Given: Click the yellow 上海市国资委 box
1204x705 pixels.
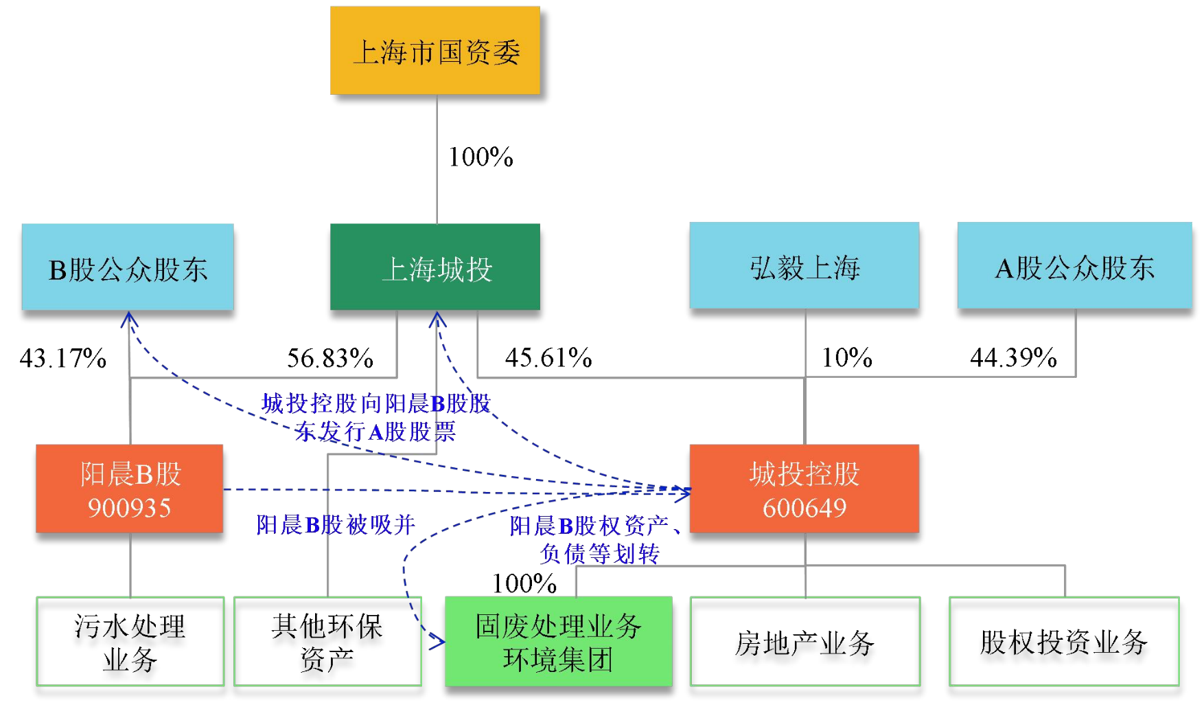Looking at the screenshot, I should (x=435, y=51).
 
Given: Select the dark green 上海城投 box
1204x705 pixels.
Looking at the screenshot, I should (x=435, y=267).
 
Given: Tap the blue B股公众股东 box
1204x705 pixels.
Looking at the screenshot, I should (x=128, y=267).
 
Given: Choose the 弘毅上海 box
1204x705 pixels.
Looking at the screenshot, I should (x=804, y=266).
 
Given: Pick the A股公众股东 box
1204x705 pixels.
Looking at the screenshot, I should (x=1074, y=266).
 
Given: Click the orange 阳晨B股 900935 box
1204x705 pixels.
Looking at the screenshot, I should (x=130, y=489).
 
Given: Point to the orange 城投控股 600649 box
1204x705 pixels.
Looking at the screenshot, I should (x=804, y=489).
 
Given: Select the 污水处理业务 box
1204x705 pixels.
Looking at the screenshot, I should (x=130, y=641).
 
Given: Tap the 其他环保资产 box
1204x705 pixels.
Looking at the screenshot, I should (x=327, y=641).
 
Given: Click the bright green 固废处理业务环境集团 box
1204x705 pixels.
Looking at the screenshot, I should (x=558, y=641).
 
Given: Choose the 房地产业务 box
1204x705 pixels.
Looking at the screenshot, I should (x=804, y=641).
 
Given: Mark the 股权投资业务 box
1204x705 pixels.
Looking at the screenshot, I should (x=1064, y=641).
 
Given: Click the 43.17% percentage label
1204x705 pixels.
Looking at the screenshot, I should (x=63, y=358).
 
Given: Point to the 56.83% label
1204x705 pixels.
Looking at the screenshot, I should (x=330, y=358).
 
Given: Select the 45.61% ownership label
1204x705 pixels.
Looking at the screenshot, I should (x=548, y=357).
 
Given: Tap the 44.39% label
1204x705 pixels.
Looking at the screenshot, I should (x=1013, y=357).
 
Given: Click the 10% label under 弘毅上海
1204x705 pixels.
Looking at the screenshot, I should (x=847, y=357).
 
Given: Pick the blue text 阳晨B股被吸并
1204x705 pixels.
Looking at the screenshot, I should (x=336, y=525).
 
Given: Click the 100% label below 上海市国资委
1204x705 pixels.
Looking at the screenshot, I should (x=481, y=157).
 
